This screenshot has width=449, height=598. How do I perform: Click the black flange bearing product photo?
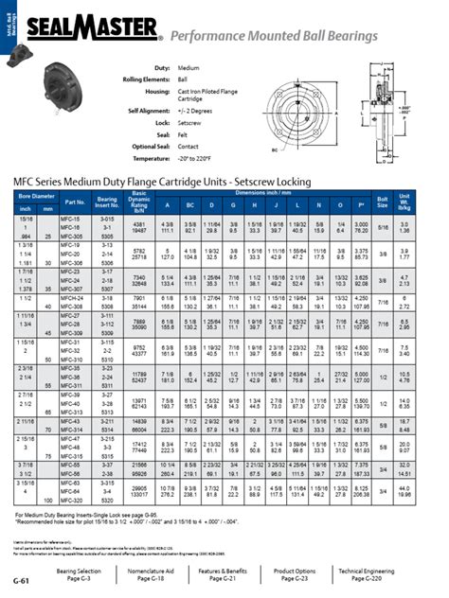coord(62,114)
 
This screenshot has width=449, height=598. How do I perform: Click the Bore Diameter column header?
coord(34,195)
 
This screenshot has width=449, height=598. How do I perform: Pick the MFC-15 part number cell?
coord(70,217)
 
